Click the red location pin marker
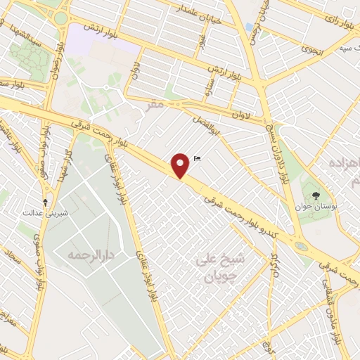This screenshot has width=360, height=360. (181, 166)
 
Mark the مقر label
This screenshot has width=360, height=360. (156, 103)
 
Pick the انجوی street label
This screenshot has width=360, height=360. (309, 49)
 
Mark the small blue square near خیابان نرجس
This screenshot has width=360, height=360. (250, 27)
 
